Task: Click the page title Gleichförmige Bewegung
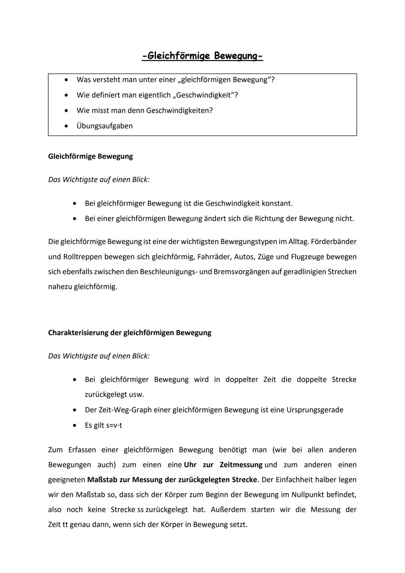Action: pyautogui.click(x=202, y=56)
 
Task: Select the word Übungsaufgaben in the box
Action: pyautogui.click(x=105, y=126)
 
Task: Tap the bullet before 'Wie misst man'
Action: pyautogui.click(x=66, y=110)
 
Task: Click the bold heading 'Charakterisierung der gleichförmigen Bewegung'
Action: pyautogui.click(x=129, y=332)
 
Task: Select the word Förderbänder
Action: pyautogui.click(x=333, y=242)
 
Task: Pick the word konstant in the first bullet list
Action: pyautogui.click(x=277, y=203)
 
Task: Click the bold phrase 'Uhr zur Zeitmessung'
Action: pyautogui.click(x=223, y=465)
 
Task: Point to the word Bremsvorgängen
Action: pyautogui.click(x=240, y=271)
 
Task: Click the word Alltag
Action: pyautogui.click(x=297, y=242)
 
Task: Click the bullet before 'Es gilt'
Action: pyautogui.click(x=75, y=425)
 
